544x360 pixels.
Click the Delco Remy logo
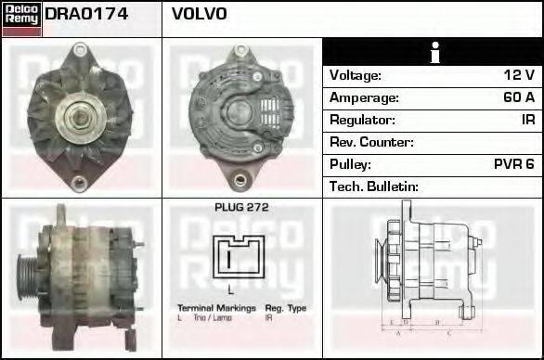pos(22,19)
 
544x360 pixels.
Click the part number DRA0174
pos(86,15)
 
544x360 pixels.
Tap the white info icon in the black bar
pos(432,52)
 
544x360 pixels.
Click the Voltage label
pos(356,75)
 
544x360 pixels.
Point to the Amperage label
pos(364,97)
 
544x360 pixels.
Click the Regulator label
pos(362,120)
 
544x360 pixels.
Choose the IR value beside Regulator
pos(527,120)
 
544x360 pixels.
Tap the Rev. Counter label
pos(371,142)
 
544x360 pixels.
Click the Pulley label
pos(351,164)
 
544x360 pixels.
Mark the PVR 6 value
pos(514,164)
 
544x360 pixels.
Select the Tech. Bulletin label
pos(374,186)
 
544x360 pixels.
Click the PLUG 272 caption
pos(241,208)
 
